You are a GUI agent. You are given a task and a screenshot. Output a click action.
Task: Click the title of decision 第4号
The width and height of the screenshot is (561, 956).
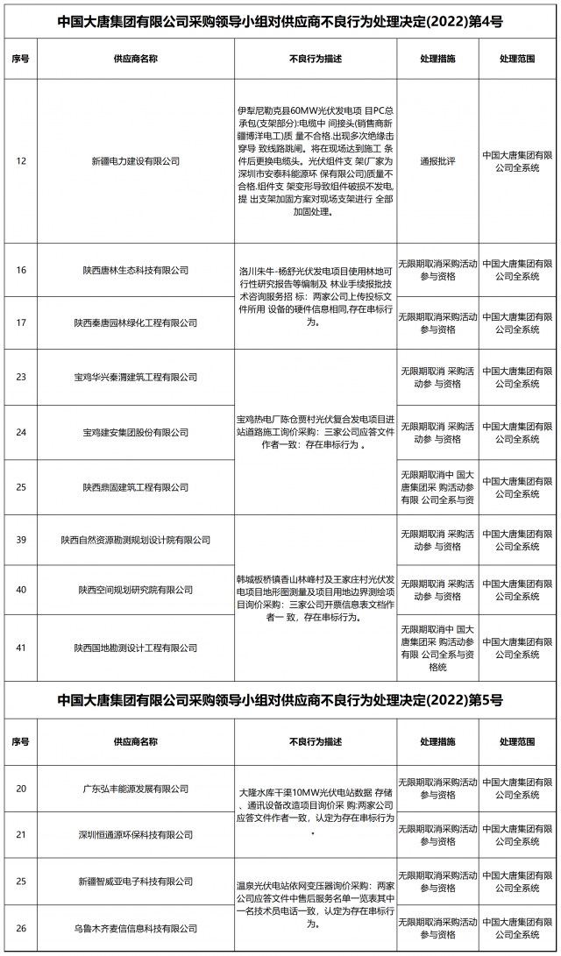(280, 19)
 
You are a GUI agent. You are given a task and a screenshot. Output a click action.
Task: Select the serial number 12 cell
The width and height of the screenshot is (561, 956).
(21, 161)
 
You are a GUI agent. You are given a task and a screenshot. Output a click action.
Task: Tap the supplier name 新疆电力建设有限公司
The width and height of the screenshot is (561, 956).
(136, 161)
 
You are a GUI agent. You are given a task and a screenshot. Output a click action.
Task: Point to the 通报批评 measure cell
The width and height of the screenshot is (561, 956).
(437, 161)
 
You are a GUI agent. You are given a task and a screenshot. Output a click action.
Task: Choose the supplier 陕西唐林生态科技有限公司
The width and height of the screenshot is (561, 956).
(136, 270)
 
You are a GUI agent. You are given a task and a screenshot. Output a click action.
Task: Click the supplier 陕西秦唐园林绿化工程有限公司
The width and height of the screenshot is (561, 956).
(136, 323)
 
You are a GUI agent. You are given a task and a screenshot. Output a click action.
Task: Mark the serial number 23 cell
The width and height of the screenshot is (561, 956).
(21, 377)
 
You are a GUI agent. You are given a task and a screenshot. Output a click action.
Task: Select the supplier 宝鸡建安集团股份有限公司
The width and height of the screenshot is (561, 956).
(136, 432)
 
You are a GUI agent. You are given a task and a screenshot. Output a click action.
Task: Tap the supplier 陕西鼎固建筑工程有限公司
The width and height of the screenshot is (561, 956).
(136, 486)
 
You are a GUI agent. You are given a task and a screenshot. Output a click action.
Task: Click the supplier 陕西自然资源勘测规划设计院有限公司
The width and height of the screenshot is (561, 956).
(136, 540)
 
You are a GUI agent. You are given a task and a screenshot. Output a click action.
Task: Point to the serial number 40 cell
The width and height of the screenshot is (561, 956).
(21, 590)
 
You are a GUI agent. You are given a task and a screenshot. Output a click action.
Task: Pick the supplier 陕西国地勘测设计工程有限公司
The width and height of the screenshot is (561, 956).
(136, 648)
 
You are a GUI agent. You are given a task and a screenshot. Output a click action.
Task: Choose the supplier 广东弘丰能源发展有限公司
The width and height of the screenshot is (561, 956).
(136, 789)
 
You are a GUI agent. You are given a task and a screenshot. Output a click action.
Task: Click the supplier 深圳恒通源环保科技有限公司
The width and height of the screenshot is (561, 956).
(136, 835)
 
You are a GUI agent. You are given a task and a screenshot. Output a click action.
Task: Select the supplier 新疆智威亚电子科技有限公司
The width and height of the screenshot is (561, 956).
(136, 880)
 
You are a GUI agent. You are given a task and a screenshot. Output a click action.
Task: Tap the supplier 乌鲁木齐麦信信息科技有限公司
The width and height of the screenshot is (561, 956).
(136, 926)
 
